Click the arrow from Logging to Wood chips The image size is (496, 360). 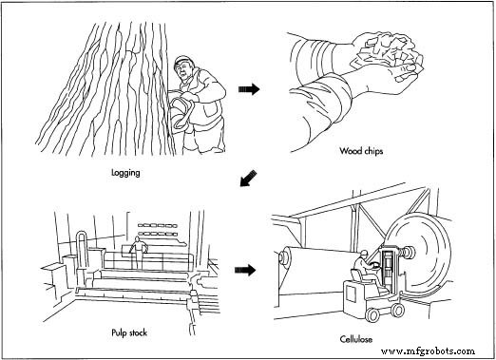pos(249,87)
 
